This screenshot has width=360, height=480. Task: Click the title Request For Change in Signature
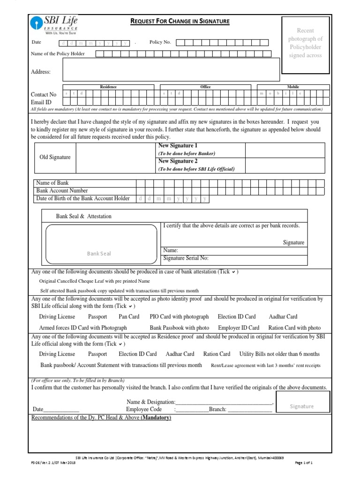click(180, 22)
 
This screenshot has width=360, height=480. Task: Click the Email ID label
click(41, 102)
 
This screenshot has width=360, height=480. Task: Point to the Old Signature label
click(54, 157)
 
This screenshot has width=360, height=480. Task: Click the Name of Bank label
click(52, 183)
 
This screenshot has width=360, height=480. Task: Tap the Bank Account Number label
click(62, 191)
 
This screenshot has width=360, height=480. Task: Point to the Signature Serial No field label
click(186, 258)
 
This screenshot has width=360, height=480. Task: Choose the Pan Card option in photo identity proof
click(129, 316)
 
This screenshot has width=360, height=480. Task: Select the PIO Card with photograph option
click(179, 316)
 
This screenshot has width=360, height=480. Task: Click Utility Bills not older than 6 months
click(279, 354)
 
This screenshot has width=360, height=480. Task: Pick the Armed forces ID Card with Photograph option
click(83, 328)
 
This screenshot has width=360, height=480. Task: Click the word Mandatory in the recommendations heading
click(156, 417)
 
